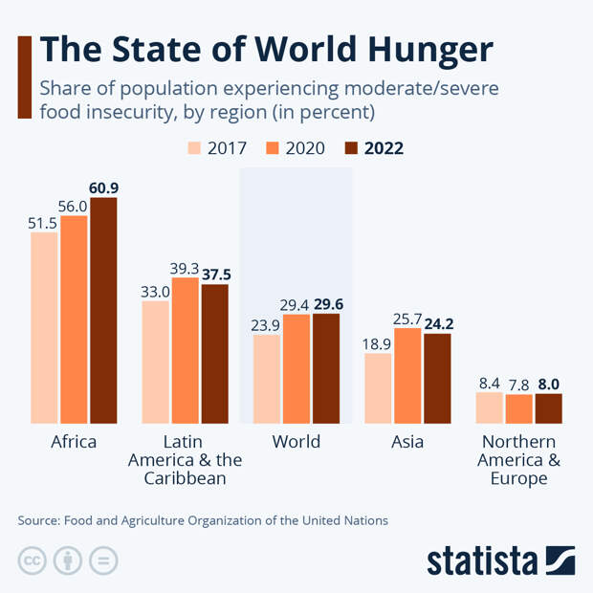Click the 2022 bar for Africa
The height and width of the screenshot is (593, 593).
(103, 310)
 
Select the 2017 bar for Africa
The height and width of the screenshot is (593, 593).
(44, 327)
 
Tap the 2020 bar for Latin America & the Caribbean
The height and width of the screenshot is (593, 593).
(186, 350)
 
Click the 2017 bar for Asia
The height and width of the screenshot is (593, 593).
(378, 387)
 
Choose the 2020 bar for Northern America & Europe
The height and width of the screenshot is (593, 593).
(519, 408)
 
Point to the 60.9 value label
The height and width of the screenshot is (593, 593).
(103, 187)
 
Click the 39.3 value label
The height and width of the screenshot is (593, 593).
(186, 268)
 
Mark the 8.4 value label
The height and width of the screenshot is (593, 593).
(489, 383)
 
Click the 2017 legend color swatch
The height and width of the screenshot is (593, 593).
(194, 148)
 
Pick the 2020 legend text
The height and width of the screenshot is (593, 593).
(303, 148)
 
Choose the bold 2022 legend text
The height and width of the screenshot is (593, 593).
(383, 148)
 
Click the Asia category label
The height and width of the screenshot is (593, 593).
(407, 442)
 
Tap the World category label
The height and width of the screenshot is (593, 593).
(296, 442)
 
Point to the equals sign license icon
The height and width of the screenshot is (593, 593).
(104, 560)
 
